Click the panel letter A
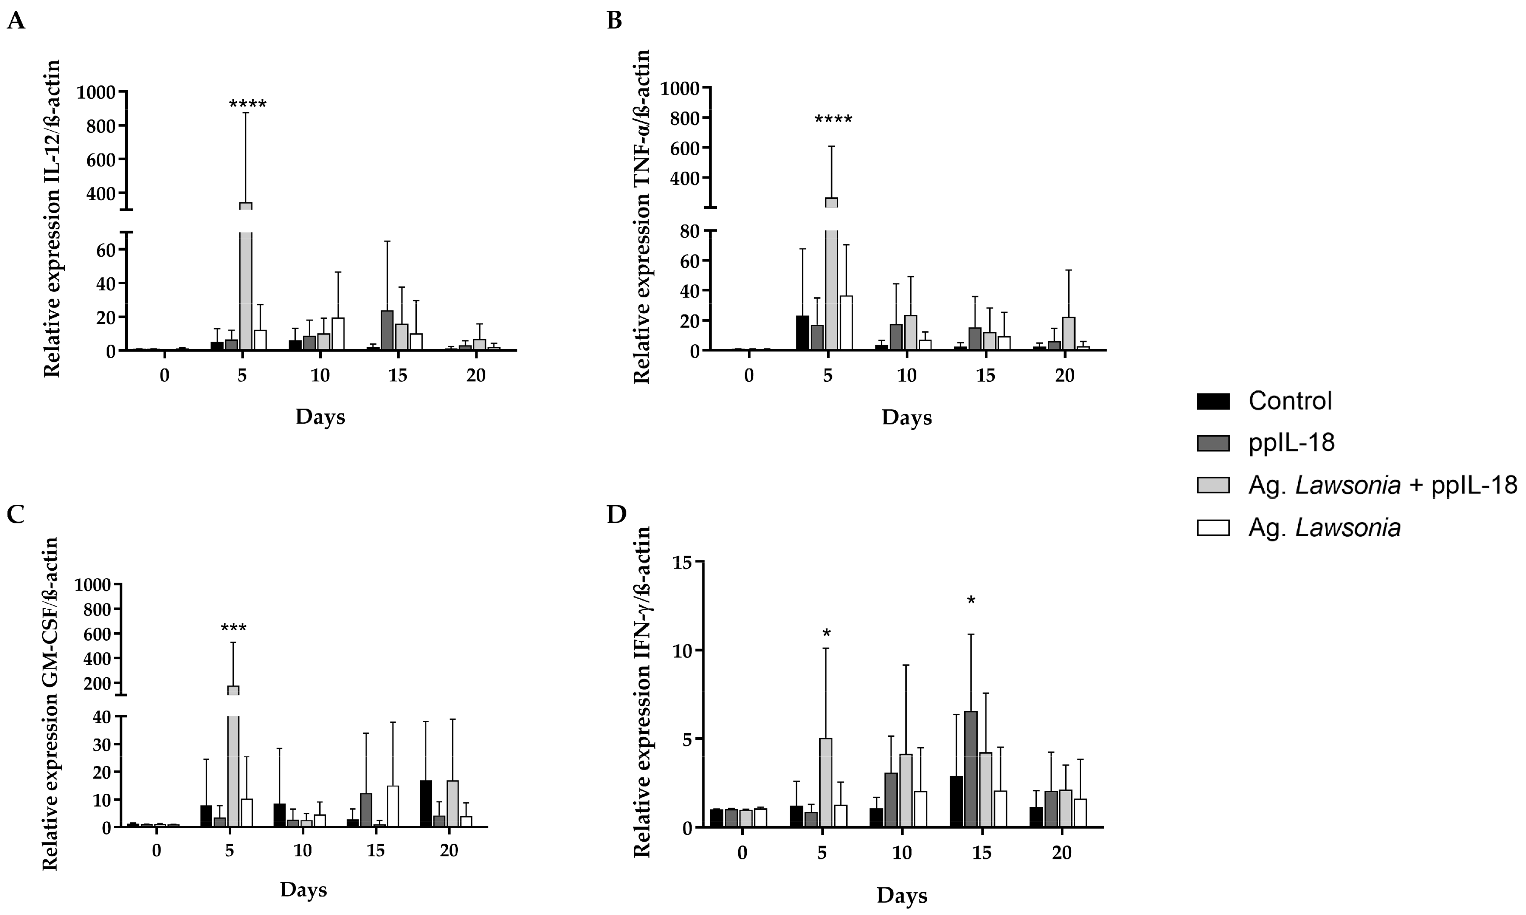(16, 22)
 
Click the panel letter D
(616, 514)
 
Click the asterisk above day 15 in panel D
(971, 601)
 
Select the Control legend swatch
(1213, 401)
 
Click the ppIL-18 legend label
(1291, 443)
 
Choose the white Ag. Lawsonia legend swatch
(1213, 528)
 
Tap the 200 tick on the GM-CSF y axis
(98, 683)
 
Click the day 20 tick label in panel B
(1065, 375)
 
